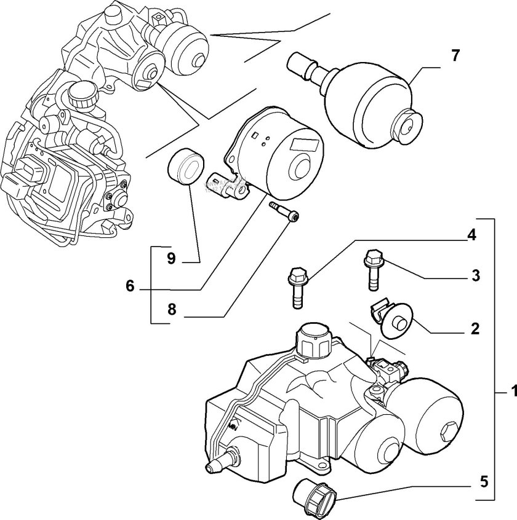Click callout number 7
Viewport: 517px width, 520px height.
click(x=454, y=55)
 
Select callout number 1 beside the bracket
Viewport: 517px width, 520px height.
click(x=510, y=390)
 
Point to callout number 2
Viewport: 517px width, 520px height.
click(x=475, y=329)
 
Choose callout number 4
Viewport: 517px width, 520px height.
click(x=470, y=234)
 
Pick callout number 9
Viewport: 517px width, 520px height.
click(x=171, y=259)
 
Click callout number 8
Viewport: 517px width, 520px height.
click(x=171, y=310)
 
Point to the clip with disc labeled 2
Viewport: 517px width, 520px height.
click(x=393, y=319)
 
